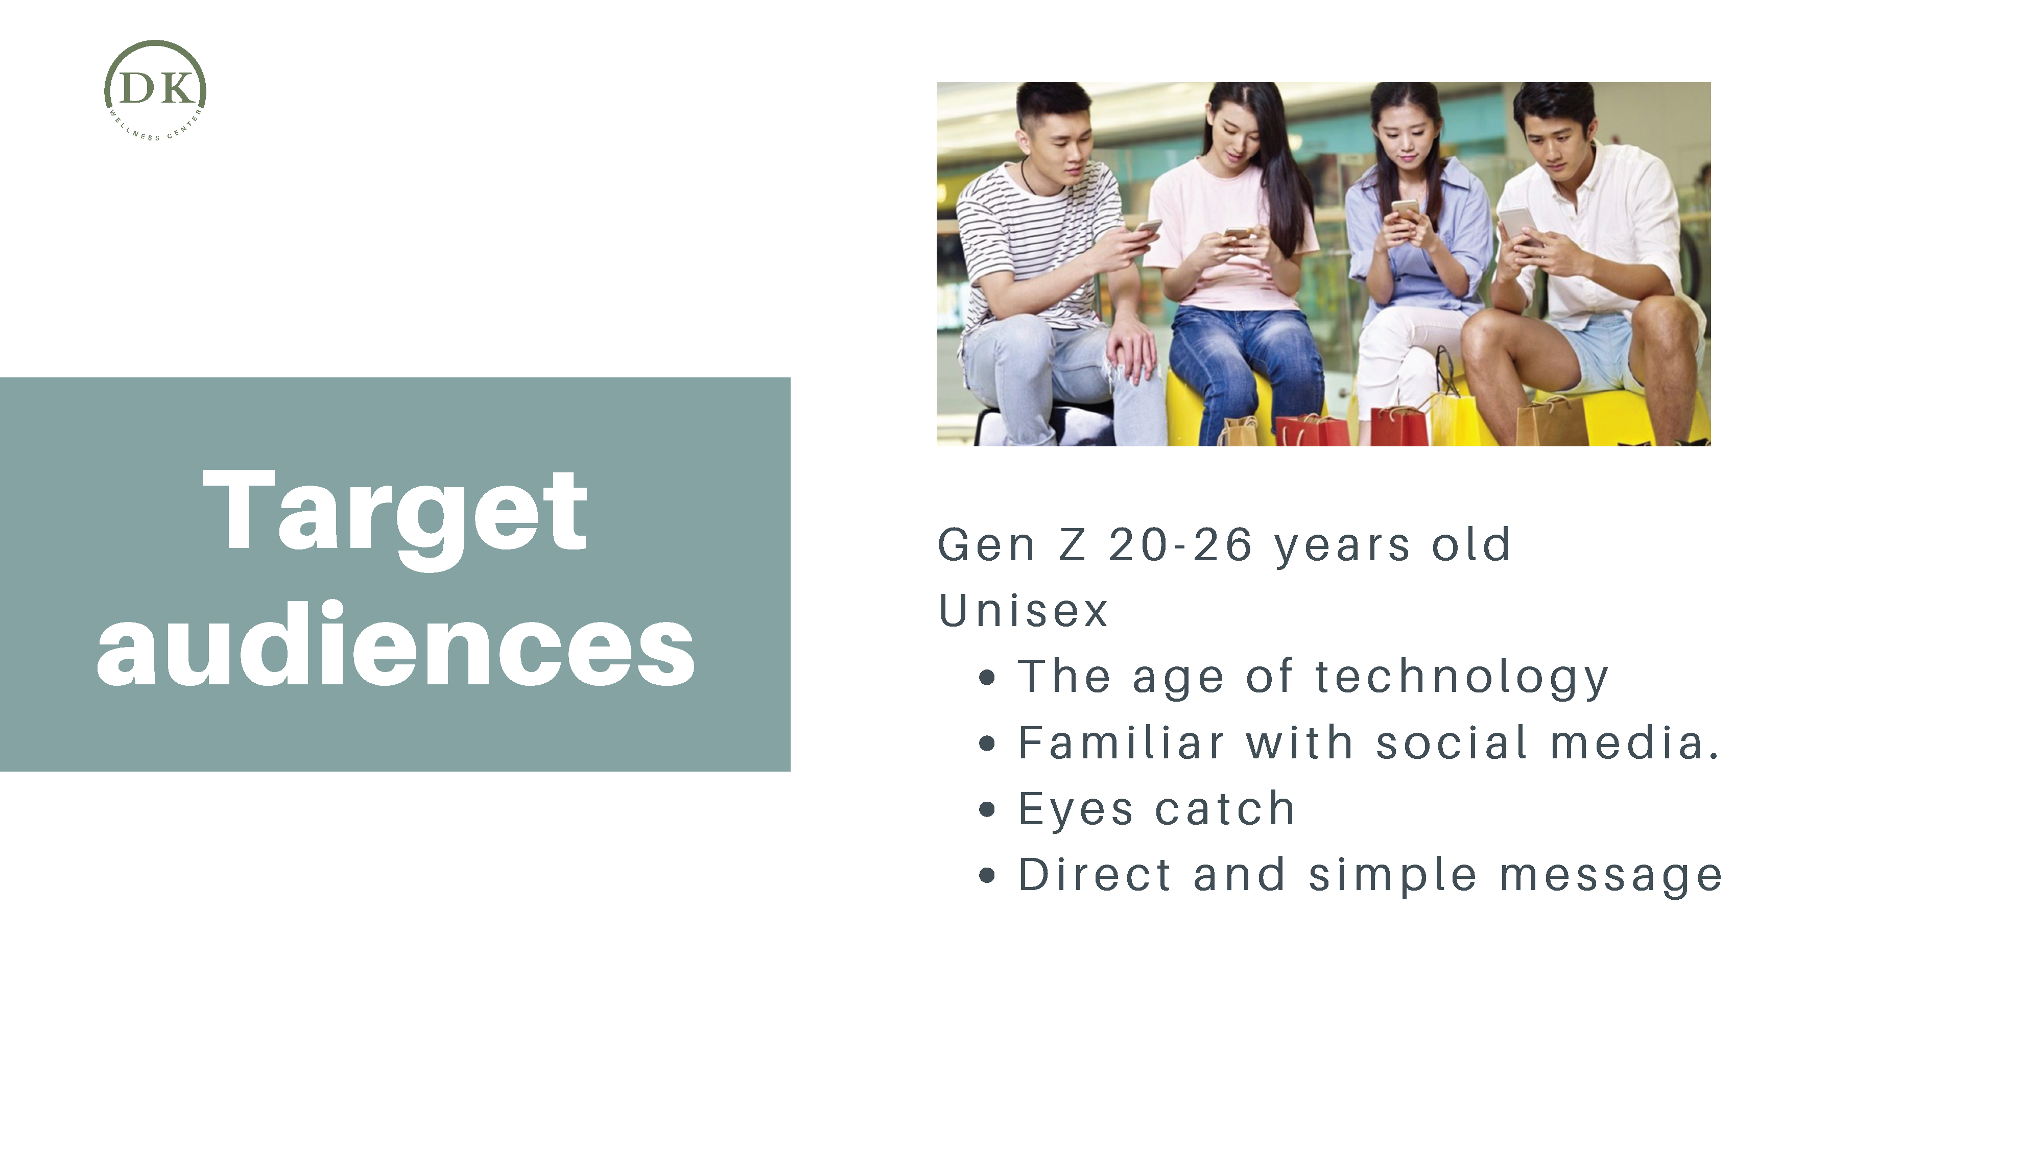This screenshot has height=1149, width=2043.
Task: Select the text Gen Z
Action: point(1012,545)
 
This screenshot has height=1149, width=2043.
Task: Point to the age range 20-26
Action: point(1180,545)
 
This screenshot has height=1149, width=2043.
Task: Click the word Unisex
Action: point(1023,611)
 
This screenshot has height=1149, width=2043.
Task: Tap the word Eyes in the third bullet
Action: point(1076,810)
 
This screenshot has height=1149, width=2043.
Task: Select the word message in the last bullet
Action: point(1611,877)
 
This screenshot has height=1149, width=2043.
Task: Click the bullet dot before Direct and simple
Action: point(987,875)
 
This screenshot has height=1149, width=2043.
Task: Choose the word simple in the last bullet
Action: point(1393,877)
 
